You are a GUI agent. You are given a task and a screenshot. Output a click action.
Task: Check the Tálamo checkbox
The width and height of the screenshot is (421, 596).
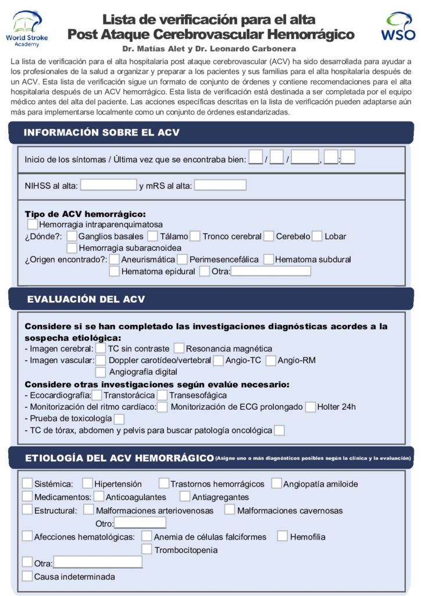pyautogui.click(x=152, y=236)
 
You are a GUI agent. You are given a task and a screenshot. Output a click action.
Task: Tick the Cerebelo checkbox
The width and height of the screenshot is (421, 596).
pyautogui.click(x=269, y=236)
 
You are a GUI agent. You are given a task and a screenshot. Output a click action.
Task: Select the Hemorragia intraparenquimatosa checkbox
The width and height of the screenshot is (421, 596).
pyautogui.click(x=33, y=224)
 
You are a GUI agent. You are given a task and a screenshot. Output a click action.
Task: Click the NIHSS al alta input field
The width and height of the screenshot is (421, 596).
pyautogui.click(x=108, y=185)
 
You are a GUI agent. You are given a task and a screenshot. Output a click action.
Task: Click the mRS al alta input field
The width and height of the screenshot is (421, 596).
pyautogui.click(x=220, y=185)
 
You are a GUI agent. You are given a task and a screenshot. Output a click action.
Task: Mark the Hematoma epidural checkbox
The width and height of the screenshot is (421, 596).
pyautogui.click(x=115, y=271)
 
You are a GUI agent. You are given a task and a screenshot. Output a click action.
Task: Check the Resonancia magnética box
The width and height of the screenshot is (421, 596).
pyautogui.click(x=179, y=348)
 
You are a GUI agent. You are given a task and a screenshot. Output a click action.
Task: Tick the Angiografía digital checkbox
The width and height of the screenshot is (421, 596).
pyautogui.click(x=101, y=372)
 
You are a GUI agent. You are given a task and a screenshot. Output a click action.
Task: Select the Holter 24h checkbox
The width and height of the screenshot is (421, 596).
pyautogui.click(x=311, y=407)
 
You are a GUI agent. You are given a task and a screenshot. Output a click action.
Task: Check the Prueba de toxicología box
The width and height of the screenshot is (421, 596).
pyautogui.click(x=119, y=419)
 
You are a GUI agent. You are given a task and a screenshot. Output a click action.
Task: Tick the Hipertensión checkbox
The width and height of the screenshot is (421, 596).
pyautogui.click(x=87, y=483)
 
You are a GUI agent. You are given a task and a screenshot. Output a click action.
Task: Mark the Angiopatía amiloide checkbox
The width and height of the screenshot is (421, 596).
pyautogui.click(x=277, y=483)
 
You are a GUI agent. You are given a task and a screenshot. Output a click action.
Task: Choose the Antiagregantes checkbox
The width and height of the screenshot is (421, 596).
pyautogui.click(x=185, y=496)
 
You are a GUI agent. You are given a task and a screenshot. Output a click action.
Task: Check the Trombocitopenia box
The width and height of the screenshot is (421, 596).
pyautogui.click(x=147, y=549)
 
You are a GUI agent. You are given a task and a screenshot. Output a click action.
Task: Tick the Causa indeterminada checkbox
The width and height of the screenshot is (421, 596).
pyautogui.click(x=27, y=576)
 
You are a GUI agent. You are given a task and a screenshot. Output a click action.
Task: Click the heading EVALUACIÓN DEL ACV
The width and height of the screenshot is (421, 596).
pyautogui.click(x=86, y=299)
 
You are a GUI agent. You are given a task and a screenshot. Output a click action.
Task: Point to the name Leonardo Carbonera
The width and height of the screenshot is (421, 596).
pyautogui.click(x=259, y=49)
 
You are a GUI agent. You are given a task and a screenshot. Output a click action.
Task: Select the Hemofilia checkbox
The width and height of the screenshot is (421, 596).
pyautogui.click(x=282, y=536)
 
